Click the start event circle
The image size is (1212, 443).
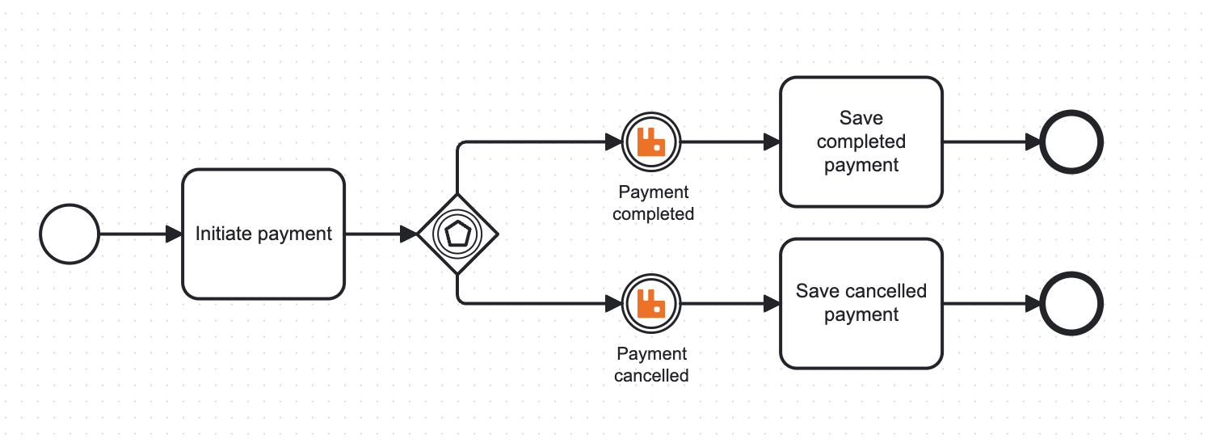pos(69,234)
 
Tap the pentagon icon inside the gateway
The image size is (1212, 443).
pos(457,234)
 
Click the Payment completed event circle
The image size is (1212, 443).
pos(651,142)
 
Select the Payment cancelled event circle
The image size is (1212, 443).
pos(651,304)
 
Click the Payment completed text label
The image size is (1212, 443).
pos(653,203)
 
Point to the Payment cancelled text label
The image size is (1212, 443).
pos(651,365)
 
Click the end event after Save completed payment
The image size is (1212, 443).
pos(1071,142)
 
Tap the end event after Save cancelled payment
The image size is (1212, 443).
pos(1071,304)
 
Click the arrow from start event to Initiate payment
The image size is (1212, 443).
pos(137,234)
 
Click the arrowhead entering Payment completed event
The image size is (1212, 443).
pos(614,142)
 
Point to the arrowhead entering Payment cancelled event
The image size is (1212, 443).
pos(614,304)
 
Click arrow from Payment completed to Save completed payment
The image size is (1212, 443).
pos(727,142)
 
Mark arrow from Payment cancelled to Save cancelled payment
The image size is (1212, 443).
pos(727,304)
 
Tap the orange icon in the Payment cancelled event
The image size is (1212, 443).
pos(650,303)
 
